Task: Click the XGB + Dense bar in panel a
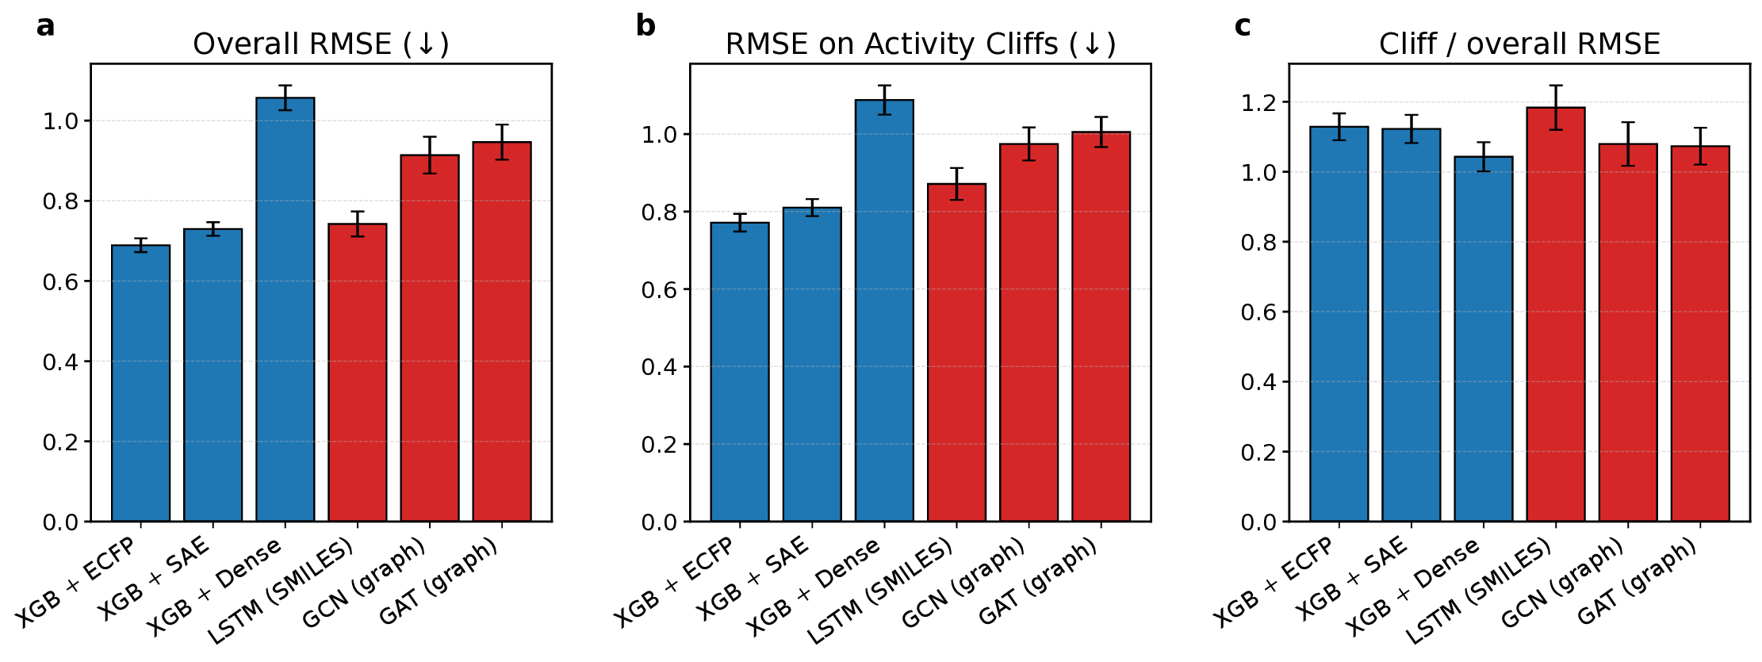[x=285, y=309]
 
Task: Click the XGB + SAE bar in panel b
[x=812, y=365]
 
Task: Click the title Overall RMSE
[x=320, y=44]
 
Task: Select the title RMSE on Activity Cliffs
[x=920, y=44]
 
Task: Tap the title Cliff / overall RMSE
[x=1519, y=44]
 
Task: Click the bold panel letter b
[x=645, y=26]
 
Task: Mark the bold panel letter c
[x=1243, y=26]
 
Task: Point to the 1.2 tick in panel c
[x=1260, y=102]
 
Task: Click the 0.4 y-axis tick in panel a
[x=61, y=362]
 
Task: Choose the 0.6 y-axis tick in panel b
[x=661, y=290]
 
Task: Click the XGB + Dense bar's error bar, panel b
[x=884, y=100]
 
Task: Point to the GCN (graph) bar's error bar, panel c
[x=1628, y=144]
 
